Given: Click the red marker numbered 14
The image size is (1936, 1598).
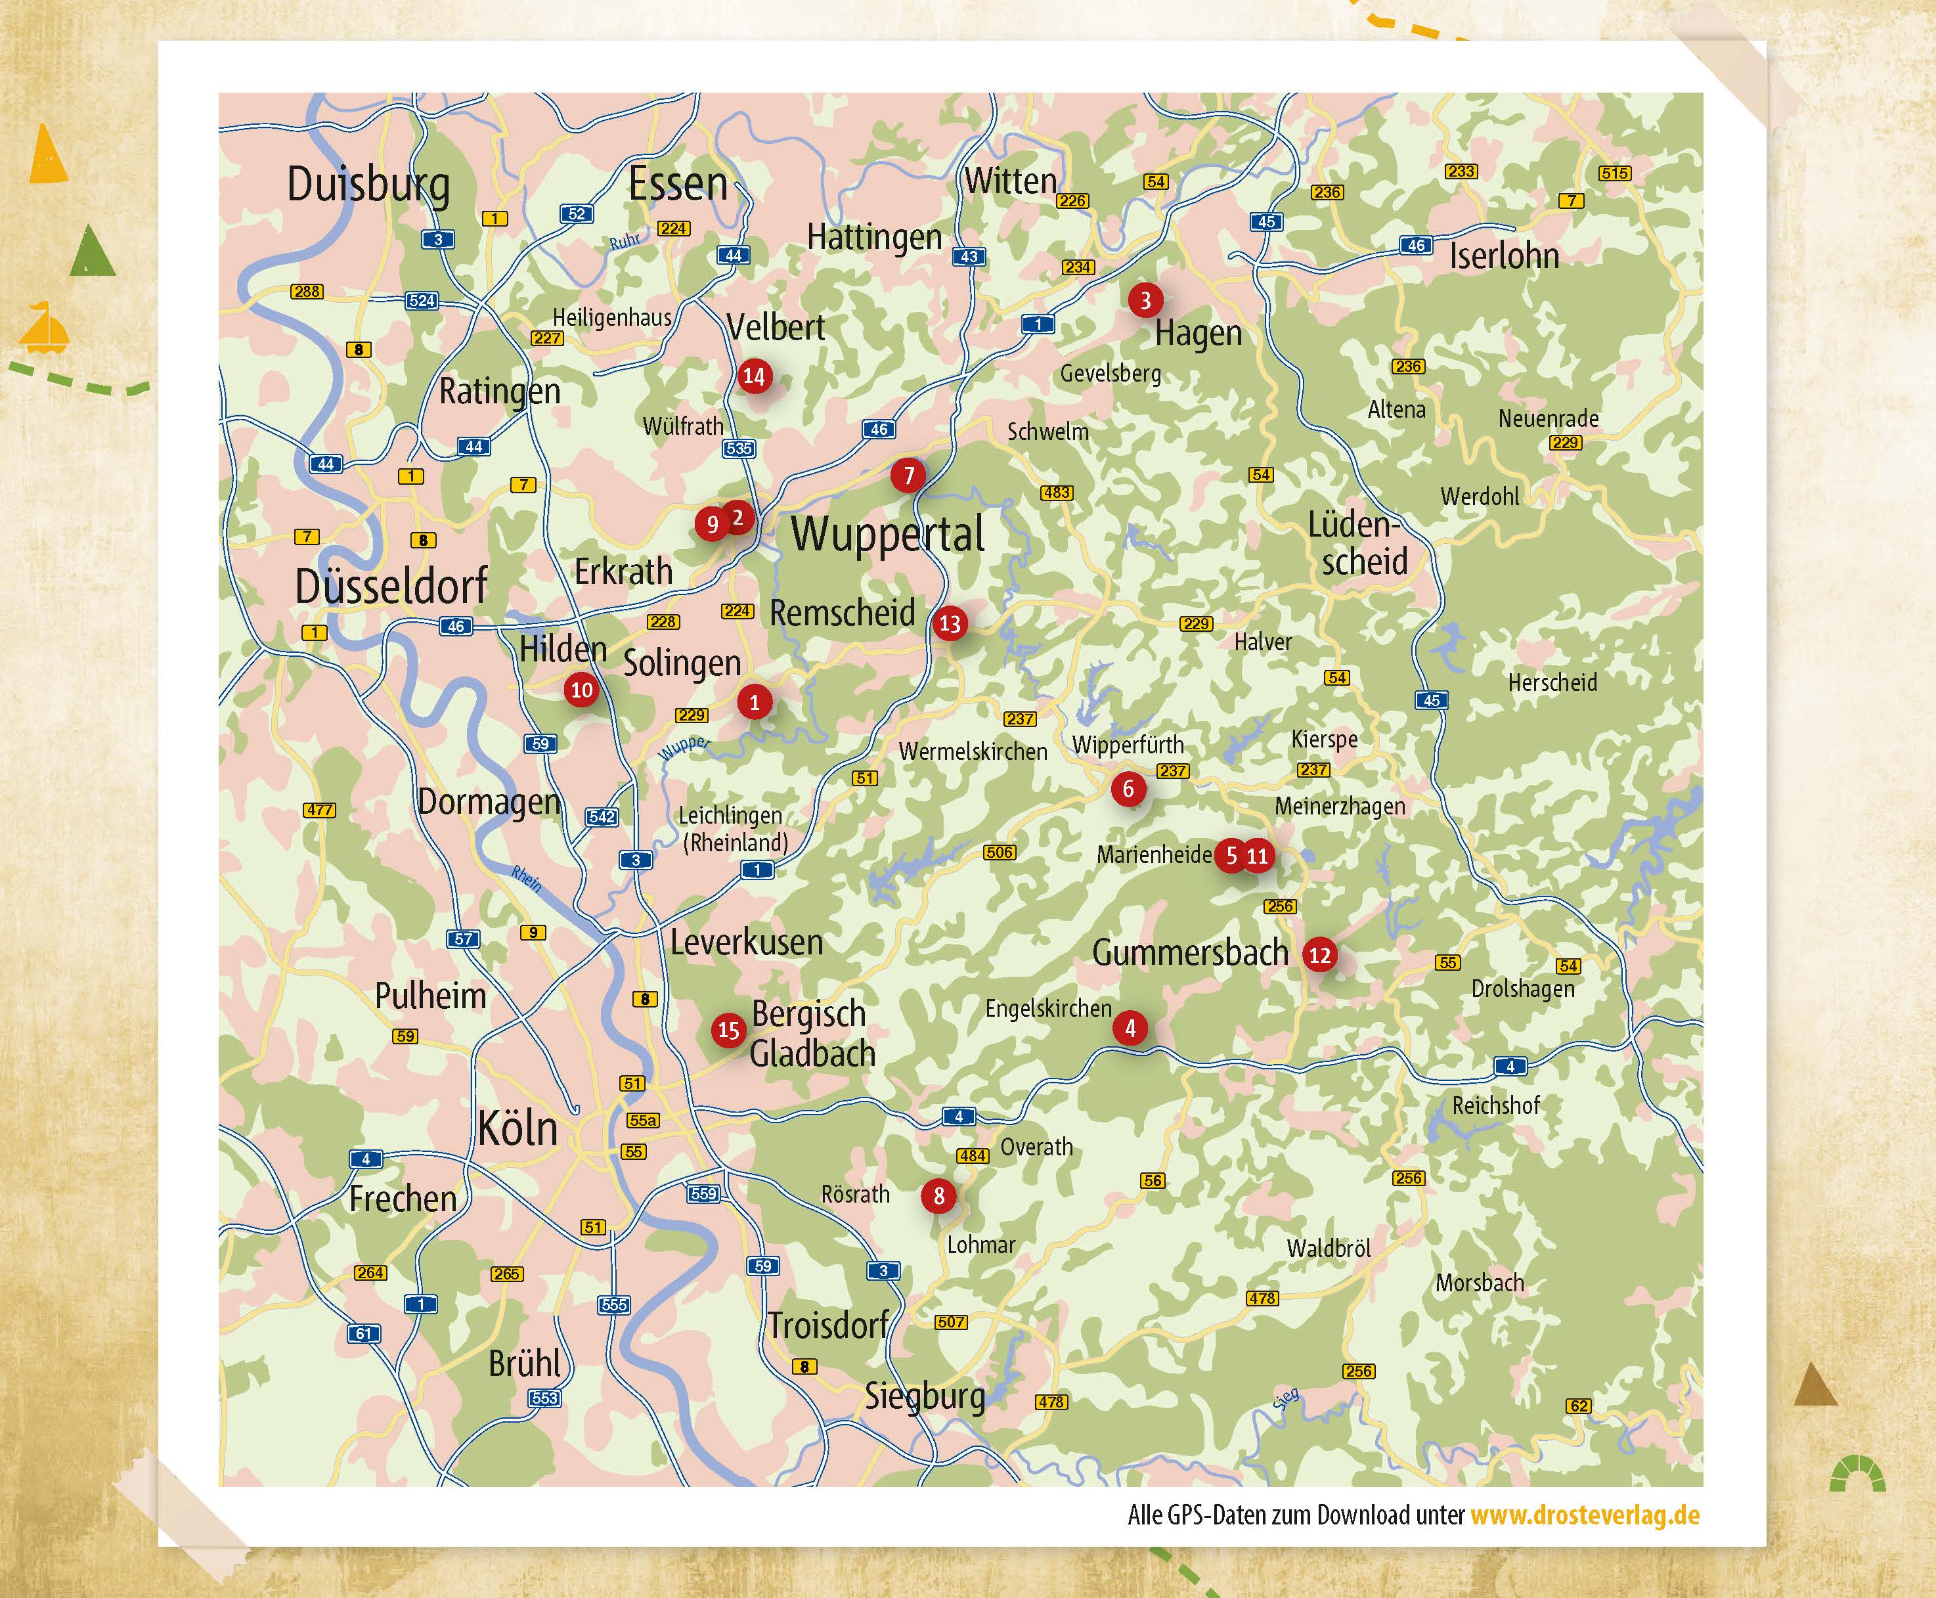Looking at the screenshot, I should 754,376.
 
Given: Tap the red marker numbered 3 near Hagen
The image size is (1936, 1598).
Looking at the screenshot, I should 1145,300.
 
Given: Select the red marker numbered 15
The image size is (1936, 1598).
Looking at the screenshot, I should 729,1030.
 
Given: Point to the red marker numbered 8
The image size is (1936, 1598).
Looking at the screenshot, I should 938,1196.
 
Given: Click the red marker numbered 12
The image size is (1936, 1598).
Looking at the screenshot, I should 1319,954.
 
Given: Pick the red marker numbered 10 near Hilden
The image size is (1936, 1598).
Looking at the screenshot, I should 582,690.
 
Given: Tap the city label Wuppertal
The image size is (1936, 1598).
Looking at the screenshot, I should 888,535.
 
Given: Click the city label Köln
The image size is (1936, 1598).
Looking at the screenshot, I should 517,1128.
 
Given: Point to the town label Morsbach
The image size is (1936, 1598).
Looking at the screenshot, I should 1480,1282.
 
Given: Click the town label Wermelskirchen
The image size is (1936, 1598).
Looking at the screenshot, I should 973,751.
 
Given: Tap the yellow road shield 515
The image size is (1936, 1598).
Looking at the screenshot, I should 1614,173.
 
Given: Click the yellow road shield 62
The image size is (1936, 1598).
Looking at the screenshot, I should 1579,1406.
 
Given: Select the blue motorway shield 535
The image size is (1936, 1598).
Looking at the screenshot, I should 739,449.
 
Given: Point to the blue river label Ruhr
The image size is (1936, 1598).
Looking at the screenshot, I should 625,241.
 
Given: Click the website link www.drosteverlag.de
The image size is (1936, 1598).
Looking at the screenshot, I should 1585,1515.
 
